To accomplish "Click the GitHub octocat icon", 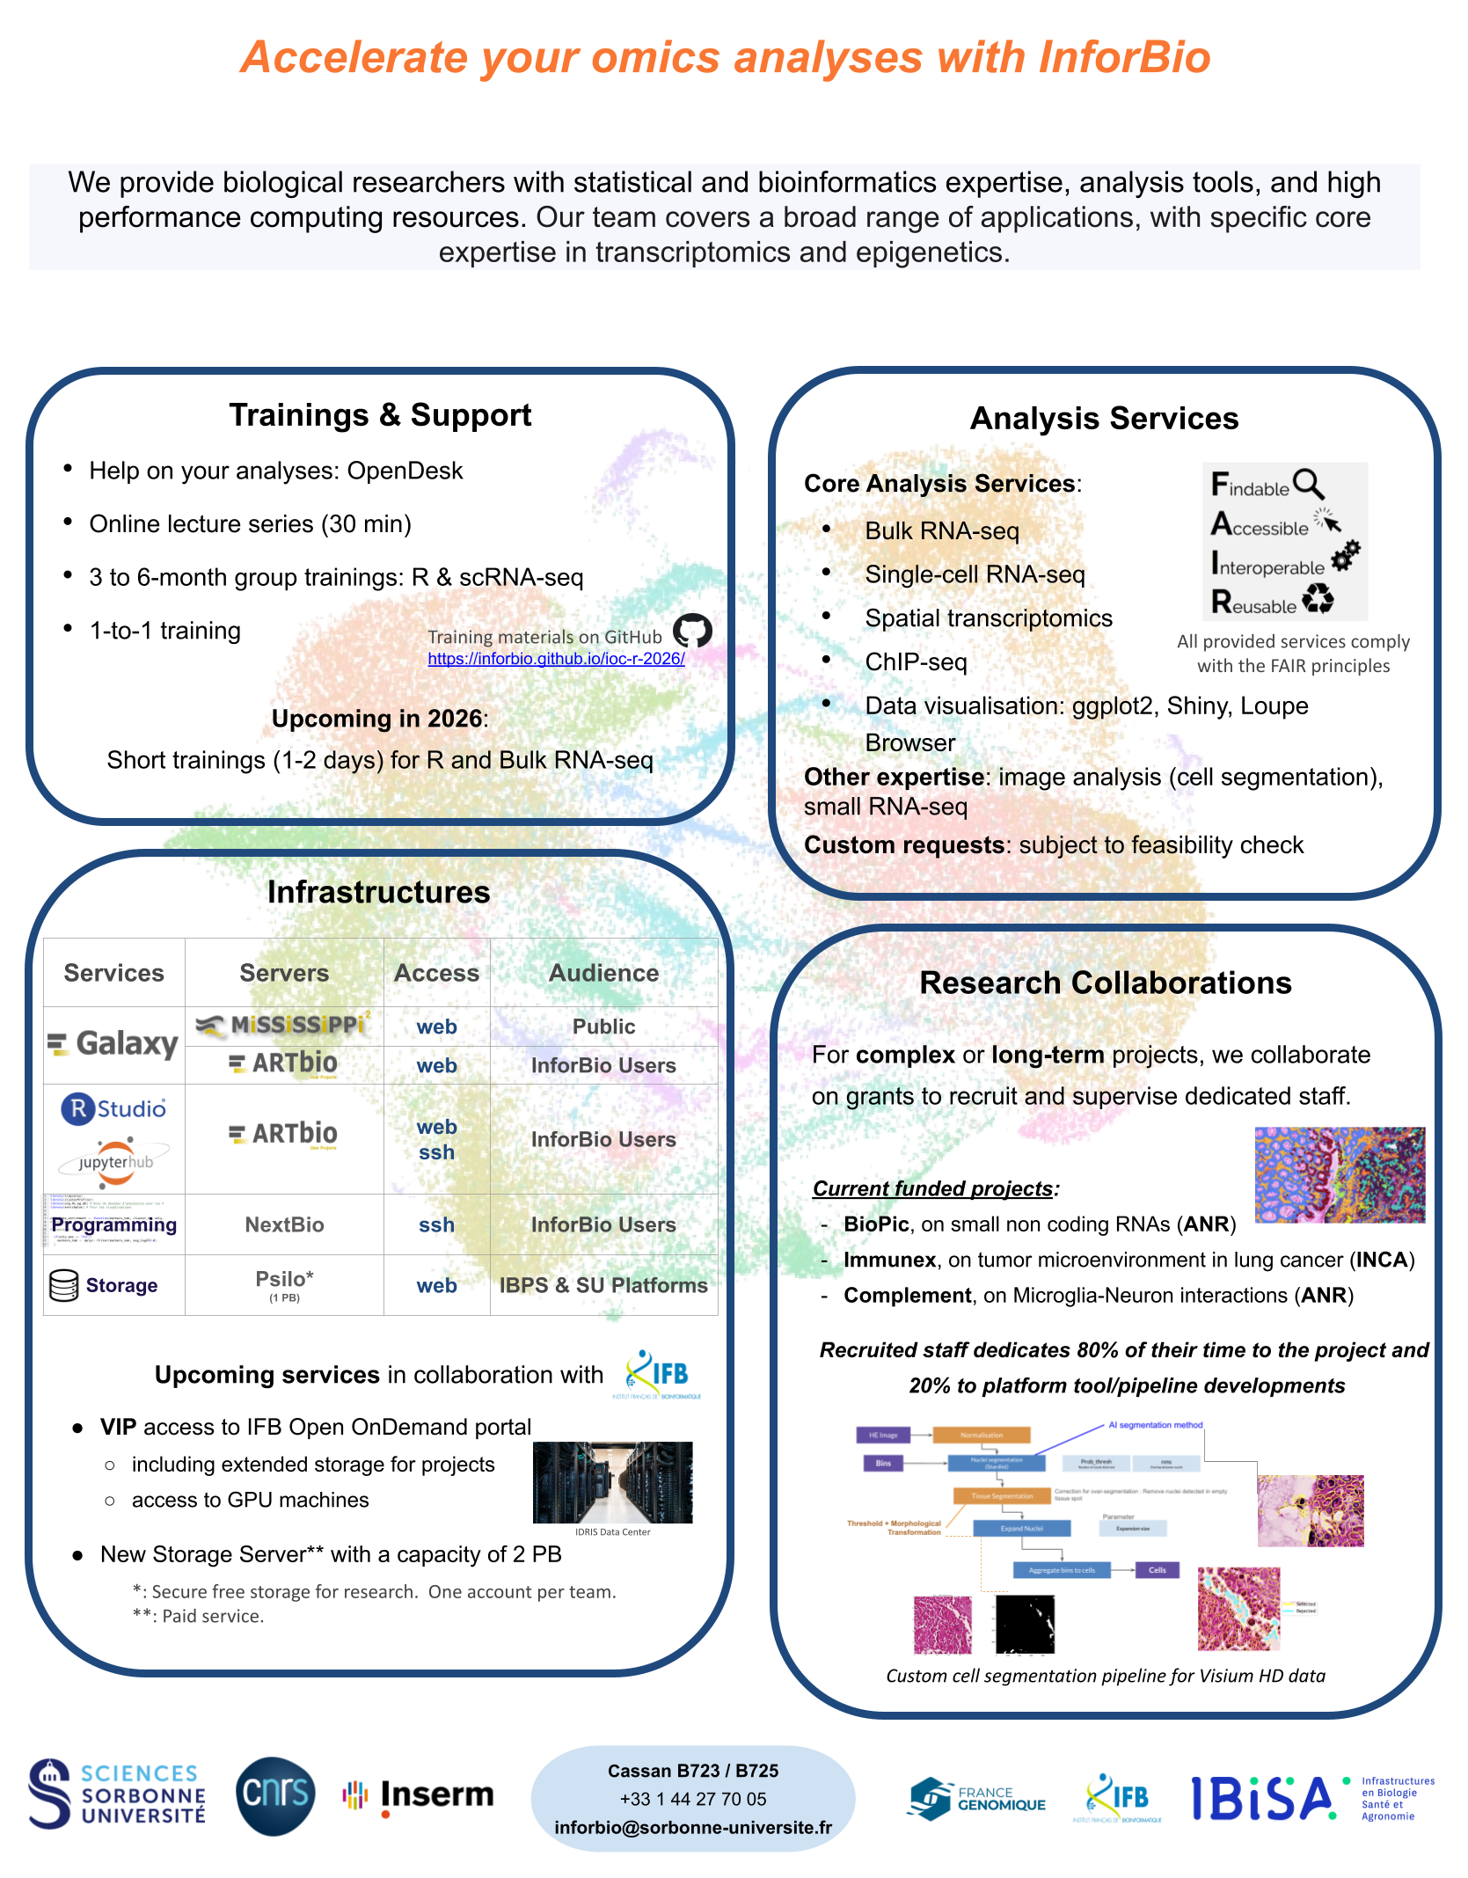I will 692,630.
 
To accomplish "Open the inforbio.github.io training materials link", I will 556,659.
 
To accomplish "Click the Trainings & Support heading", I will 380,415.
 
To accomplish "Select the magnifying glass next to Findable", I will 1309,483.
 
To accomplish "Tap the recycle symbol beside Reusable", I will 1318,599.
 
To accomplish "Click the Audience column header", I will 603,973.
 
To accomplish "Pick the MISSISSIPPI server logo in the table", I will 283,1025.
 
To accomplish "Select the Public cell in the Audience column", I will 603,1027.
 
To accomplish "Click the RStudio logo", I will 113,1108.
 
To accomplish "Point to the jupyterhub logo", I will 114,1162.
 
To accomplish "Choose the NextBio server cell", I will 284,1224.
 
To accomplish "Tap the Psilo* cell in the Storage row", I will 284,1283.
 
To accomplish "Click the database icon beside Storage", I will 64,1285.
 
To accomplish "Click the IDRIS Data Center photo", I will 612,1482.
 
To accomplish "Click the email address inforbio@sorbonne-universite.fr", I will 693,1828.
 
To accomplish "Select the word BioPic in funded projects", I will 876,1224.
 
